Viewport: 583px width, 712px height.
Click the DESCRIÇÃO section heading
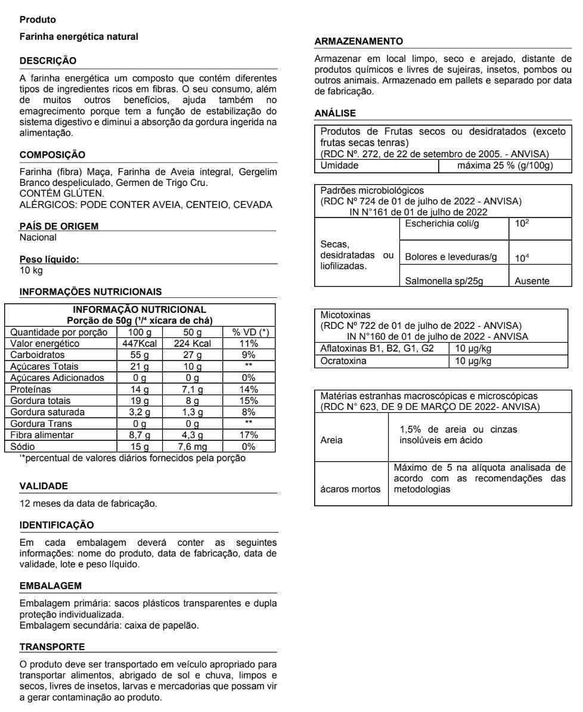48,61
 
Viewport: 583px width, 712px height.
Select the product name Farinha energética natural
79,37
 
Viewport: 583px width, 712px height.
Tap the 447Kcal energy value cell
138,344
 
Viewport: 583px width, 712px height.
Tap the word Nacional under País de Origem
38,237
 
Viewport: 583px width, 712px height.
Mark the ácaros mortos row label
351,489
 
